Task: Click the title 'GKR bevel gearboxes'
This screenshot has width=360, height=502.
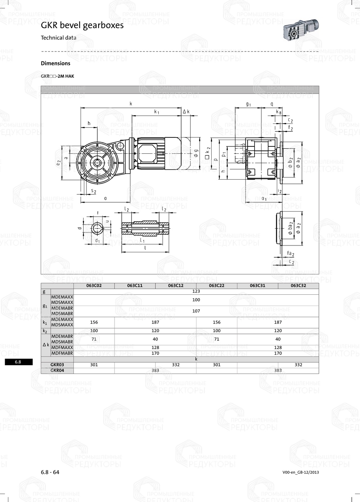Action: coord(82,25)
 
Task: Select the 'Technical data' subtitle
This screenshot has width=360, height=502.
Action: coord(58,38)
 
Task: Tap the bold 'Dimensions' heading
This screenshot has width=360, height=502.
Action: coord(55,63)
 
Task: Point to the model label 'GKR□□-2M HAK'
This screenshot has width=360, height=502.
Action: coord(57,76)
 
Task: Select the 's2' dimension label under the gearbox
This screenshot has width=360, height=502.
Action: coord(93,191)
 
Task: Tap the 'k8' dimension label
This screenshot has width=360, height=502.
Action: coord(278,112)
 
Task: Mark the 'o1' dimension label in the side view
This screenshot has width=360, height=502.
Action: coord(264,199)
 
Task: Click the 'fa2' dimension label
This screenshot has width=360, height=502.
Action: coord(290,254)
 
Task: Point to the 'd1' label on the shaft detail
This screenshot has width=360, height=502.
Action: coord(97,240)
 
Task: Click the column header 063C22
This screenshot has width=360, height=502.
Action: coord(217,286)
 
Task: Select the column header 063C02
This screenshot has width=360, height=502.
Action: coord(94,286)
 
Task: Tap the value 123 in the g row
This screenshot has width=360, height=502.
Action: coord(196,291)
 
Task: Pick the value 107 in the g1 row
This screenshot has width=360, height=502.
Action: coord(196,311)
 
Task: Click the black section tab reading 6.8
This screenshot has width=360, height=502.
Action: coord(18,362)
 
